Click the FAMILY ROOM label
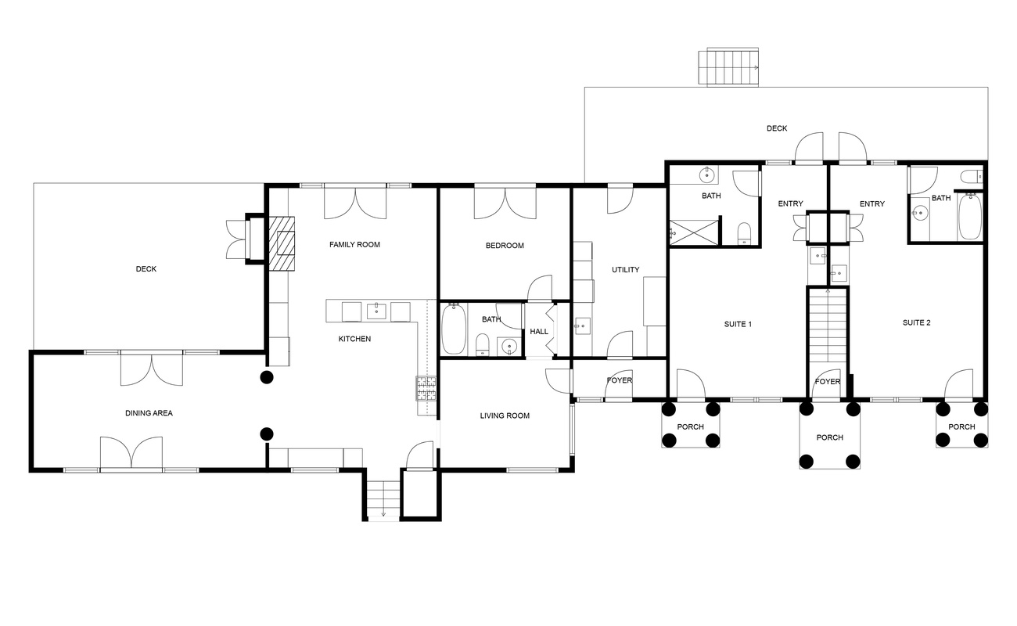[x=354, y=245]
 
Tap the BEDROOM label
[x=505, y=246]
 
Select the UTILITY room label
[x=625, y=270]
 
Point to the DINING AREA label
[x=149, y=413]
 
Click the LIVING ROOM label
[x=505, y=416]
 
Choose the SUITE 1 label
[x=738, y=322]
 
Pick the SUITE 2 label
[x=916, y=322]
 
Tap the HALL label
[x=539, y=332]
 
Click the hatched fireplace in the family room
[x=284, y=243]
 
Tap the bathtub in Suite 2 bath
[x=969, y=217]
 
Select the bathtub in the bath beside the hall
[x=455, y=329]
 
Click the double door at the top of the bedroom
[x=504, y=203]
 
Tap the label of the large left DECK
[x=146, y=269]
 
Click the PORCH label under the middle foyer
[x=828, y=437]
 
